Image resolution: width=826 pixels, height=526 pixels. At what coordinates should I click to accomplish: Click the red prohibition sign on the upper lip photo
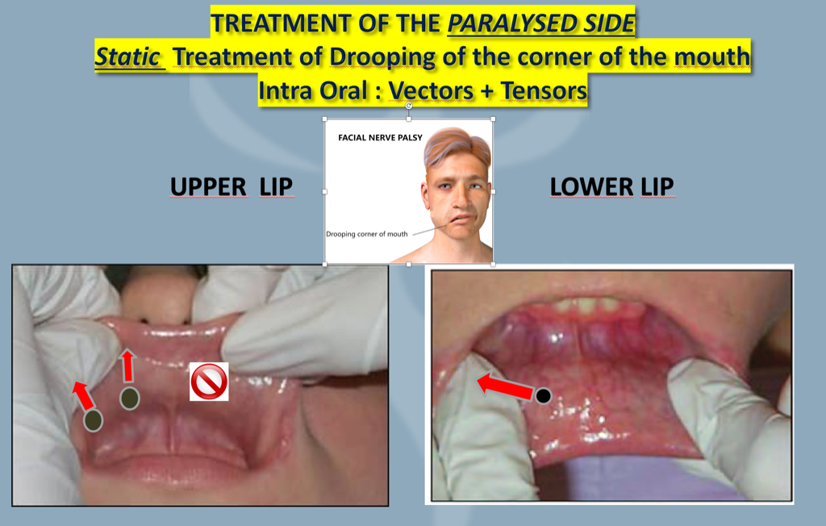coord(209,382)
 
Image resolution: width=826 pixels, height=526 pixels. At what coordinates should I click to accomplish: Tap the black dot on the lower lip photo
coord(544,395)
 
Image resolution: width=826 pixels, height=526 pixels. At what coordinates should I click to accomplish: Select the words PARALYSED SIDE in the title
coord(542,24)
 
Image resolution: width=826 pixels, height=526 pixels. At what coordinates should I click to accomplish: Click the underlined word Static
coord(129,58)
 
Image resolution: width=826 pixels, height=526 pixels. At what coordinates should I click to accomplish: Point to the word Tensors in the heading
coord(544,91)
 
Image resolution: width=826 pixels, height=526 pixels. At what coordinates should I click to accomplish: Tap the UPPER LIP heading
coord(231,187)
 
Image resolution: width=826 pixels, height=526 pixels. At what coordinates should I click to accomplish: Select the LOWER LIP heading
coord(611,187)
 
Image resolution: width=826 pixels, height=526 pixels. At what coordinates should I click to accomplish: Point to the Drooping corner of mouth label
coord(367,234)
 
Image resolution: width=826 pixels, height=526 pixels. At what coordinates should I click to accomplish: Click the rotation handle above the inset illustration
coord(409,106)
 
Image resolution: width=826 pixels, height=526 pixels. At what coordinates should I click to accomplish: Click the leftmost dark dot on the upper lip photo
coord(94,420)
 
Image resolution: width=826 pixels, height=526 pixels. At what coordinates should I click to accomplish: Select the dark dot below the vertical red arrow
coord(129,398)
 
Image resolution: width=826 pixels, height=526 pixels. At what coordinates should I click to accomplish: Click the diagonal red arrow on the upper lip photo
coord(82,394)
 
